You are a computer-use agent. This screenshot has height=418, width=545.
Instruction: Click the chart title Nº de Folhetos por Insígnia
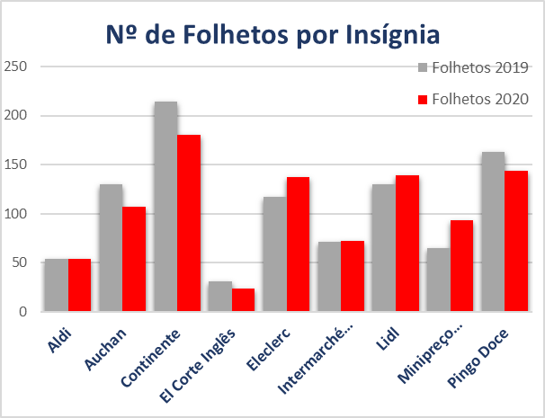point(272,35)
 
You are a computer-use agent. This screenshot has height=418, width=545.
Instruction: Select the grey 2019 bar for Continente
point(165,207)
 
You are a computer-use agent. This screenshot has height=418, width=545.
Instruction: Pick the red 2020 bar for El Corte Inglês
point(243,300)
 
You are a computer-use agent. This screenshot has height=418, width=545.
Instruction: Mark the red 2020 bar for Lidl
point(407,244)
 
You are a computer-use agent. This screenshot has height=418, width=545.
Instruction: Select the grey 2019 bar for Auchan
point(111,248)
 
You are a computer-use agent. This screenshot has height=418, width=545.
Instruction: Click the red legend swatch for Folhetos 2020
point(423,98)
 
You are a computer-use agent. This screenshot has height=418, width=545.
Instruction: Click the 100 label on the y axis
point(17,214)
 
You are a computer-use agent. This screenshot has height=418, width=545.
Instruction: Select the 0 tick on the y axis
point(24,312)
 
